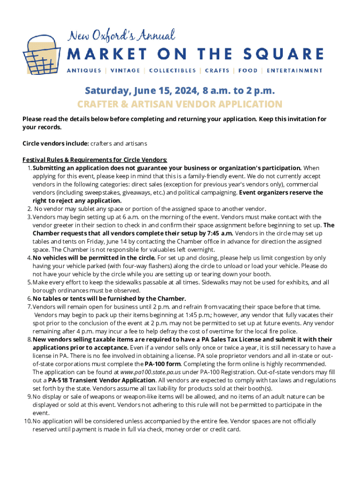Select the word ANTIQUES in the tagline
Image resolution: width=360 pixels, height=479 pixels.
(x=84, y=71)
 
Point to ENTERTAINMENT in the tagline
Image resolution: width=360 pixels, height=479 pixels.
(x=295, y=71)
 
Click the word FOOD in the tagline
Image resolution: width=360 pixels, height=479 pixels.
(x=248, y=71)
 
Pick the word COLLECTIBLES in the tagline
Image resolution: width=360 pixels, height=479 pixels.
(x=173, y=71)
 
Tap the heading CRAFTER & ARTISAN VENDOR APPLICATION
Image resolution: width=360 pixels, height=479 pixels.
(x=180, y=104)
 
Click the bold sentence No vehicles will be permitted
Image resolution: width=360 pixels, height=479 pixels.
(x=94, y=258)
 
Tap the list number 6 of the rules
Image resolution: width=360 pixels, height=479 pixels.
(x=29, y=298)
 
